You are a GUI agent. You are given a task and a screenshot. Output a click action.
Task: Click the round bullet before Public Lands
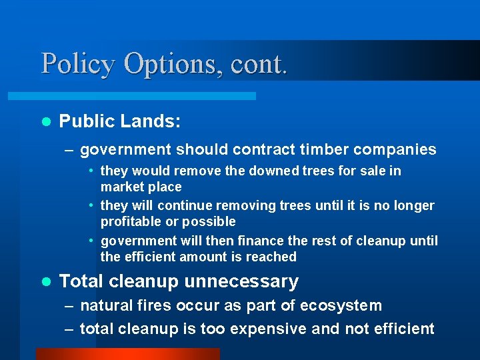pos(45,121)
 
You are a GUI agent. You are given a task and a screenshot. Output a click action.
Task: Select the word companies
pos(398,150)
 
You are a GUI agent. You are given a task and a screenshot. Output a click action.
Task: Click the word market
pos(121,187)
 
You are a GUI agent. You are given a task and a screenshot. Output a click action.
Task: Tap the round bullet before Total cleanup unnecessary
pos(45,282)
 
